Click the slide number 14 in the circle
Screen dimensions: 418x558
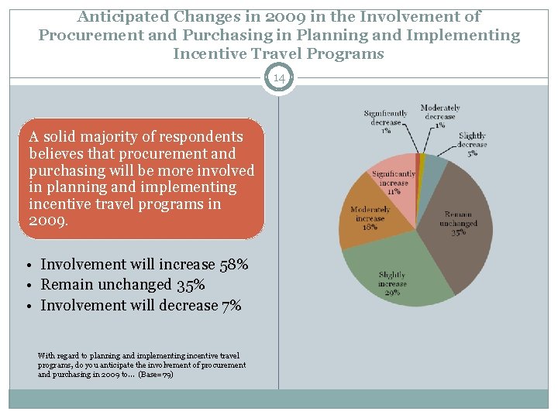pos(279,78)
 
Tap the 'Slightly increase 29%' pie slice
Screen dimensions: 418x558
pos(395,279)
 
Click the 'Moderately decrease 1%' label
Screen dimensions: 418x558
pos(440,116)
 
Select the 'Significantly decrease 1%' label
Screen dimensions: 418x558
pos(385,122)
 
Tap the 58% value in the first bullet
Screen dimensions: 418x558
pos(232,265)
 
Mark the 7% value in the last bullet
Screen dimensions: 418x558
pos(231,305)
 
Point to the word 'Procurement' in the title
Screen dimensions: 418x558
pos(87,35)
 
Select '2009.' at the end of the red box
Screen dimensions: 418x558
pos(48,221)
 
